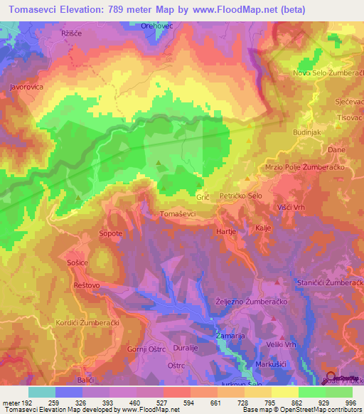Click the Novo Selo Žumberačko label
click(x=326, y=74)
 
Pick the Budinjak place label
click(x=308, y=132)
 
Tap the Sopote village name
click(x=110, y=233)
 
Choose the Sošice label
click(x=77, y=263)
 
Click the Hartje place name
click(x=225, y=231)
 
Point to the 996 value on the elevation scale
click(x=350, y=403)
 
